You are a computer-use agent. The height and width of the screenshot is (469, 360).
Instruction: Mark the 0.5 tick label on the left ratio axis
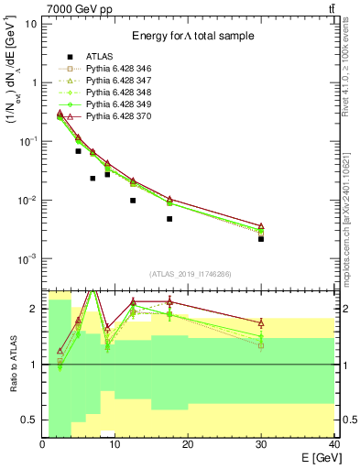[x=32, y=420]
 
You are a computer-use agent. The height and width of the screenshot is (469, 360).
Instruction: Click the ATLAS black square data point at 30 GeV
[x=261, y=238]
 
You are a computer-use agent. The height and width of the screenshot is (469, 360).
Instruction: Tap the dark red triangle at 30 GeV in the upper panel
[x=261, y=226]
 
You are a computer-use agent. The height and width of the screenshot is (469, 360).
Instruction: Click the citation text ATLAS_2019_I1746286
[x=188, y=274]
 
